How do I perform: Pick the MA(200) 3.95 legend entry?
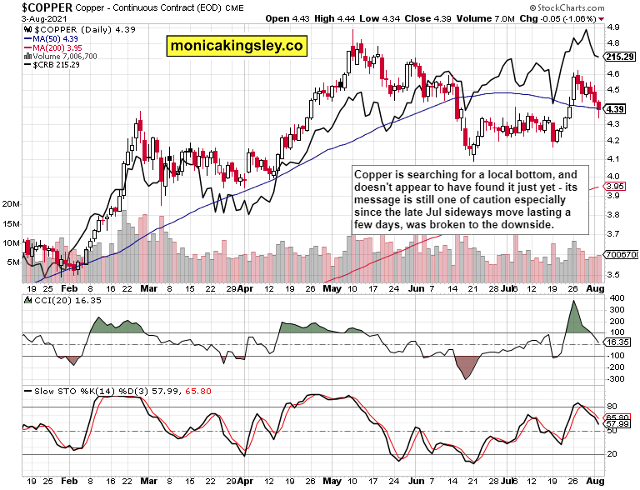tap(57, 48)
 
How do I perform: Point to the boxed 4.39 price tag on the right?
tap(616, 109)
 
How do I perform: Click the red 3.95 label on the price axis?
tap(616, 187)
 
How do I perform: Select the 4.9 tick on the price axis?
tap(612, 27)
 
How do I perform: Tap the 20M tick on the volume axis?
tap(11, 203)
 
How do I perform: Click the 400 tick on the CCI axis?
tap(616, 298)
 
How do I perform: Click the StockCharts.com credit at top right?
tap(597, 7)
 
